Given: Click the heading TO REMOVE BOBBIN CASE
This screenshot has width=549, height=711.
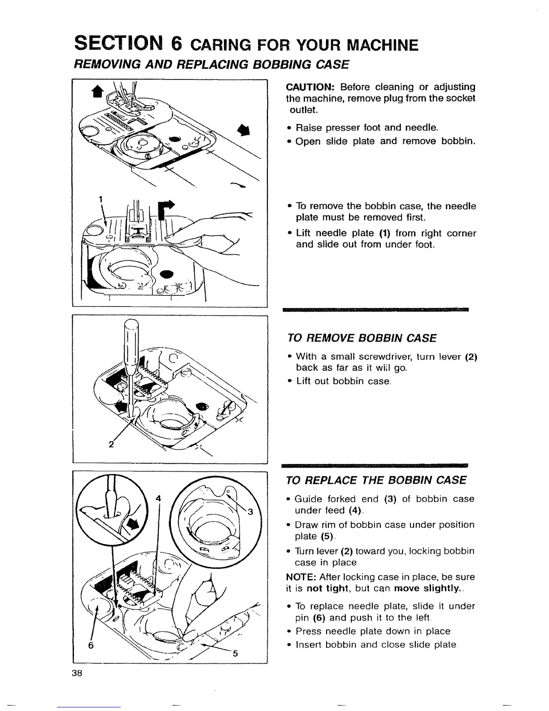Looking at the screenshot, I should click(x=362, y=338).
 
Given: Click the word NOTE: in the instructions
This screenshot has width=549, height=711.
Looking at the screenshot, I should click(x=299, y=577).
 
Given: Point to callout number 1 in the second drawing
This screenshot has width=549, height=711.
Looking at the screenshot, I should click(x=100, y=200).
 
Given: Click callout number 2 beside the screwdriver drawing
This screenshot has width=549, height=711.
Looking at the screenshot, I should click(x=110, y=445).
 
